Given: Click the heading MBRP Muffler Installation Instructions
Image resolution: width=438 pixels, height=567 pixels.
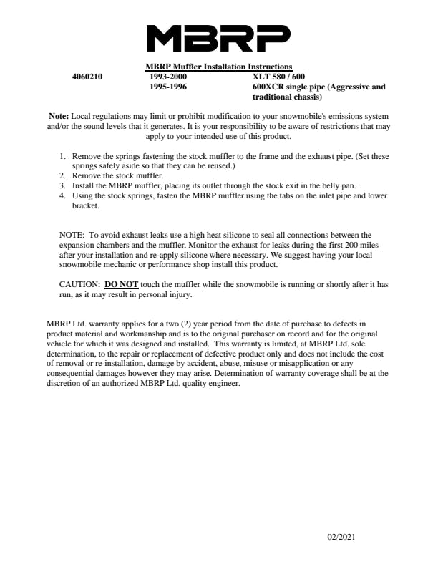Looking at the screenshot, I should pyautogui.click(x=218, y=68).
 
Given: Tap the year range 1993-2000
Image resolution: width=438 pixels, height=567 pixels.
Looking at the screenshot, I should pyautogui.click(x=169, y=77).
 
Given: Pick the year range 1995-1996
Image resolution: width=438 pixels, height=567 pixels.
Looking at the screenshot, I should pyautogui.click(x=169, y=87).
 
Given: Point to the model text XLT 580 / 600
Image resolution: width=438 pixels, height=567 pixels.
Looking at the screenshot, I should pyautogui.click(x=278, y=77).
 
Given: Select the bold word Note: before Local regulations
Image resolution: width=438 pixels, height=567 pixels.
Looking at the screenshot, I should pyautogui.click(x=59, y=116).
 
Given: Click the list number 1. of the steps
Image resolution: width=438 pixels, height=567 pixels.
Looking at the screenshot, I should pyautogui.click(x=63, y=155).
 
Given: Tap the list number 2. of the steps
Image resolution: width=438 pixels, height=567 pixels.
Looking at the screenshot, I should pyautogui.click(x=63, y=175).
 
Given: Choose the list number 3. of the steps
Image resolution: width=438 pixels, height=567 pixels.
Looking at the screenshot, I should pyautogui.click(x=63, y=185).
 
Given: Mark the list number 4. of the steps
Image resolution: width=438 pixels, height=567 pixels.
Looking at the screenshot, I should pyautogui.click(x=63, y=195).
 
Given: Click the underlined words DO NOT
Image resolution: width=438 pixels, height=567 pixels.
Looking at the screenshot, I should pyautogui.click(x=121, y=284).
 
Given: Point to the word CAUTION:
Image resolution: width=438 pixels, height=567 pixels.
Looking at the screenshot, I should pyautogui.click(x=79, y=284).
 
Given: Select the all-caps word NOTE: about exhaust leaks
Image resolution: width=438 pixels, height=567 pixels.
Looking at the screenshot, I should pyautogui.click(x=72, y=235).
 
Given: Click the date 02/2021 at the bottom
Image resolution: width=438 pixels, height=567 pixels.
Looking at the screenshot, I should pyautogui.click(x=341, y=537).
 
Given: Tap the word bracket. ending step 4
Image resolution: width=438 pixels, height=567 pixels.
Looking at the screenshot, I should pyautogui.click(x=86, y=205).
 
